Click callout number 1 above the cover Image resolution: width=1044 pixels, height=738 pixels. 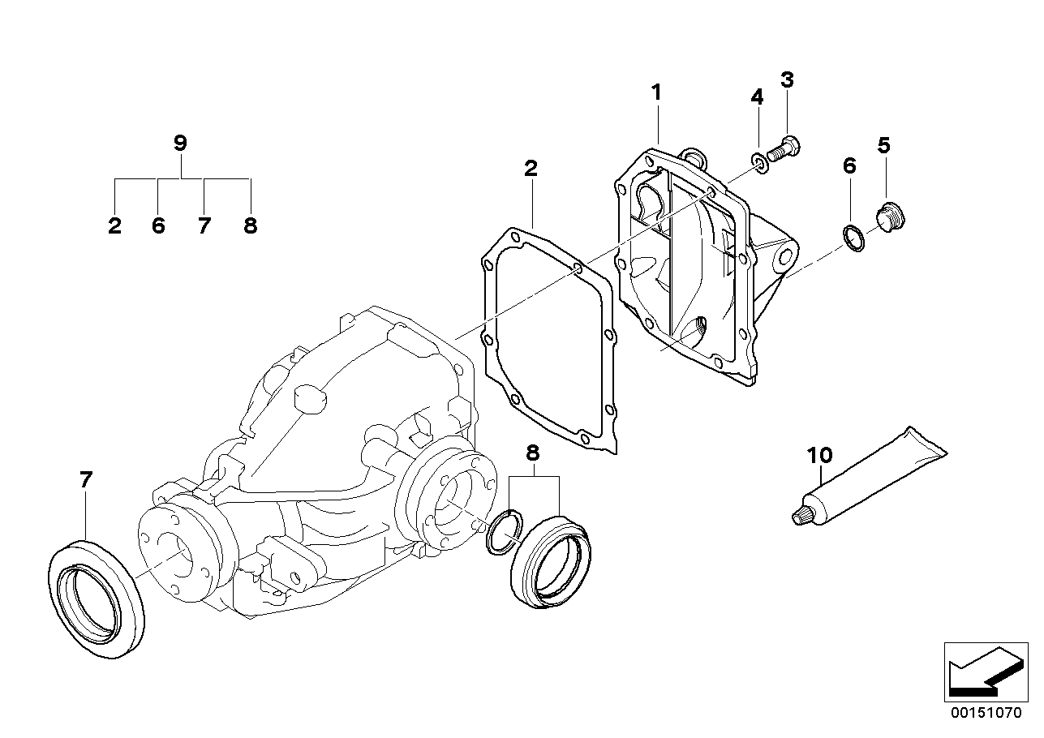(656, 92)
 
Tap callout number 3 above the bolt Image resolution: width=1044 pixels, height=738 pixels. (787, 79)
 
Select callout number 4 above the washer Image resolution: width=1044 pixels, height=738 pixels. (757, 97)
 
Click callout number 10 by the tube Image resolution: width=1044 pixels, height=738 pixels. (820, 455)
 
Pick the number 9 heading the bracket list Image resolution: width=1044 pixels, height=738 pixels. (180, 144)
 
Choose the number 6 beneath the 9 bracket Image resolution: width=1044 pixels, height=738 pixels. (158, 226)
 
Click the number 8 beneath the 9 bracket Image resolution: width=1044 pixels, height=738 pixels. (250, 226)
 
